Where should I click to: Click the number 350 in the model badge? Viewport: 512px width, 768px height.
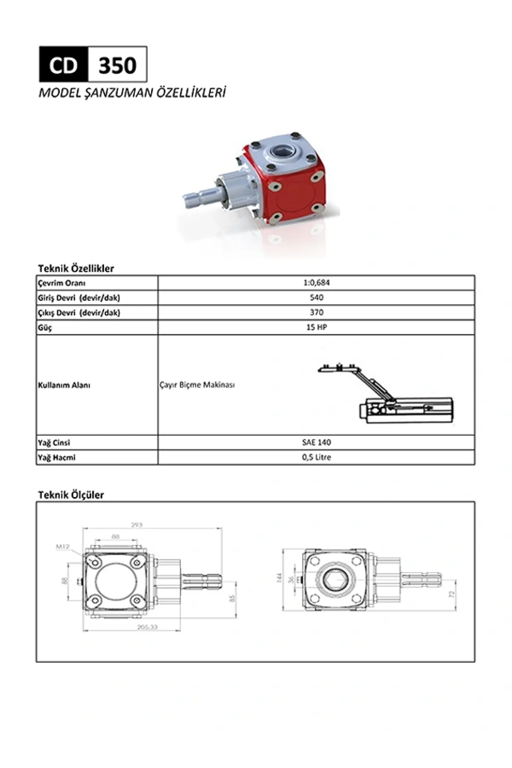pos(117,65)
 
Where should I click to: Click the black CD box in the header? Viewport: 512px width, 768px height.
pos(64,65)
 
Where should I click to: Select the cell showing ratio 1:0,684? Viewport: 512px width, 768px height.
pos(316,283)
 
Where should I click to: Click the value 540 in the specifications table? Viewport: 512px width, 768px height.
pos(316,297)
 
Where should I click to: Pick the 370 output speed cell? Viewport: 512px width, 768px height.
pos(316,312)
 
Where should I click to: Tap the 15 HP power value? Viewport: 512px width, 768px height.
pos(316,327)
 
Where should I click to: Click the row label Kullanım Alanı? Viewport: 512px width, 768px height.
pos(64,385)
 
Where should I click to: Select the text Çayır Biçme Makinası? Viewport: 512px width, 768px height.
pos(197,385)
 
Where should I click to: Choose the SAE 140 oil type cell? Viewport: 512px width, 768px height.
pos(316,442)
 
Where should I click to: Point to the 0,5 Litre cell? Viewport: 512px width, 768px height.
pos(316,457)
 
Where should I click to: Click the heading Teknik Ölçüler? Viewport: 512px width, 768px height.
pos(71,495)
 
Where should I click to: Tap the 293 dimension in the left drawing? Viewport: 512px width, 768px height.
pos(137,525)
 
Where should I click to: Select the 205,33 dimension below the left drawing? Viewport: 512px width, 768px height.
pos(147,627)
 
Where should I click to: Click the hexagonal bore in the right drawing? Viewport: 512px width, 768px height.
pos(334,580)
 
